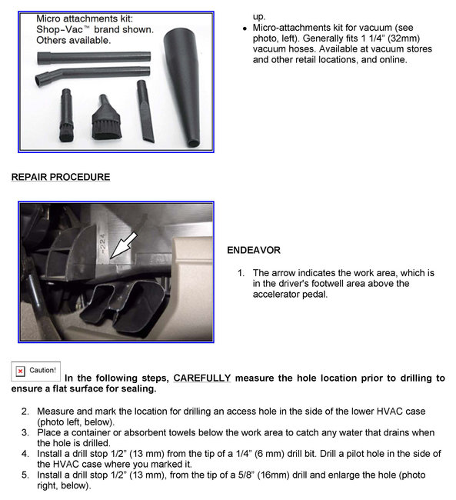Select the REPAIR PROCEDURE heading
[x=60, y=177]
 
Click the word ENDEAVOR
[x=254, y=250]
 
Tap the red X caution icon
[x=20, y=371]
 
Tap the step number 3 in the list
[x=25, y=433]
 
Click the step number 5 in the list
[x=25, y=475]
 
